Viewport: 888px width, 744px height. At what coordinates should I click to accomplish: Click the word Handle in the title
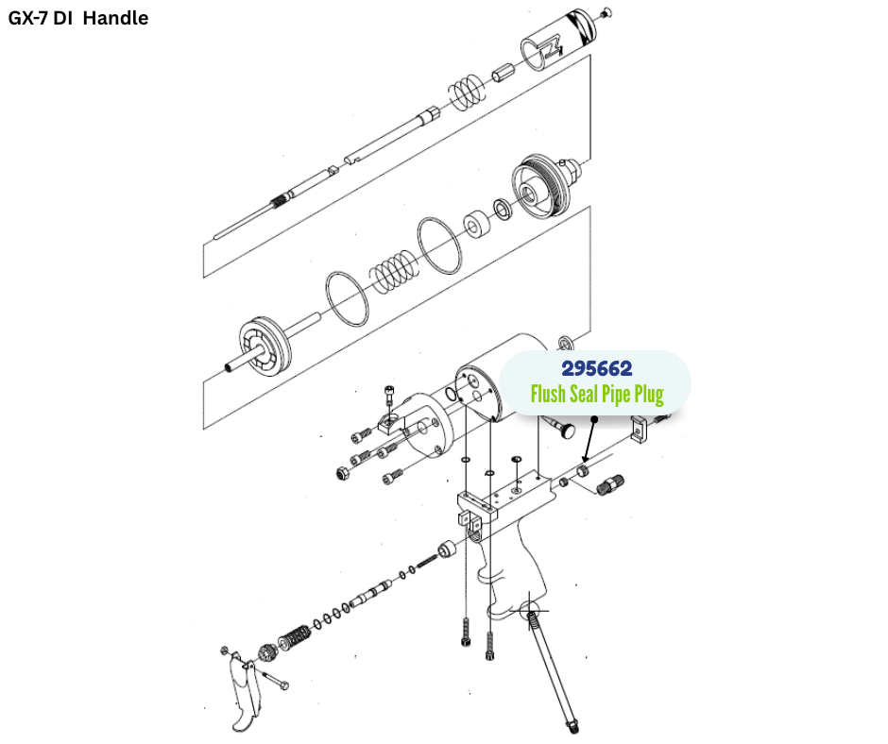pos(115,18)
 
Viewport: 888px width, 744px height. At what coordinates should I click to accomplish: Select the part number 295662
pos(596,368)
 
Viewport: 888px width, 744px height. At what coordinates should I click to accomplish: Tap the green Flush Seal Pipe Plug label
pos(596,394)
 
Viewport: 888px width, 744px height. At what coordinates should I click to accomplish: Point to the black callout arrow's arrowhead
pos(585,458)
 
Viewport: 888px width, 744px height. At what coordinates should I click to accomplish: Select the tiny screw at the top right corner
pos(606,11)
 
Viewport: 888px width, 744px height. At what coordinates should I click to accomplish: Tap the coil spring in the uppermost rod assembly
pos(465,92)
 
